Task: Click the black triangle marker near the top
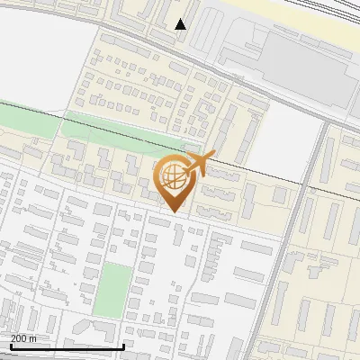tap(181, 24)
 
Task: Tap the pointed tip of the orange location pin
tap(175, 211)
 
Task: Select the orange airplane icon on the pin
tap(199, 165)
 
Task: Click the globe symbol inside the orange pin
tap(175, 177)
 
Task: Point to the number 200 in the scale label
tap(20, 338)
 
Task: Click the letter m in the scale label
tap(33, 338)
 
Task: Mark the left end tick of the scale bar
tap(12, 345)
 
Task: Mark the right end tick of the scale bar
tap(122, 345)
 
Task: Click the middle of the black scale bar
tap(67, 346)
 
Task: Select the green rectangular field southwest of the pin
tap(112, 290)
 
